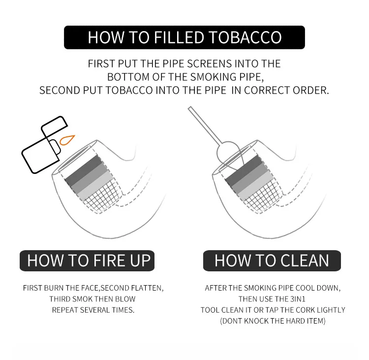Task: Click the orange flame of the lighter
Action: tap(66, 140)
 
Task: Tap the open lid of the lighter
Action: tap(54, 127)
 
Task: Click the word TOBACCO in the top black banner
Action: tap(245, 37)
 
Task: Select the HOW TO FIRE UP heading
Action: tap(89, 261)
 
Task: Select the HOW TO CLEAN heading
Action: tap(272, 261)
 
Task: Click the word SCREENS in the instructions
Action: tap(210, 64)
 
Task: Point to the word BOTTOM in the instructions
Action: tap(128, 77)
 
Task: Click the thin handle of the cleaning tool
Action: tap(205, 126)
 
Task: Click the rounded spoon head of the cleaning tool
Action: tap(228, 153)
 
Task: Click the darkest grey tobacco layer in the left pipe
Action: tap(84, 170)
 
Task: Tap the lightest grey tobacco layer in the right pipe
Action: tap(255, 186)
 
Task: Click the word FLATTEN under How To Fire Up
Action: tap(146, 288)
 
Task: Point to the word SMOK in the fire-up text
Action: tap(82, 299)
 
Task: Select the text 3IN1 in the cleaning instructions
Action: tap(298, 299)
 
